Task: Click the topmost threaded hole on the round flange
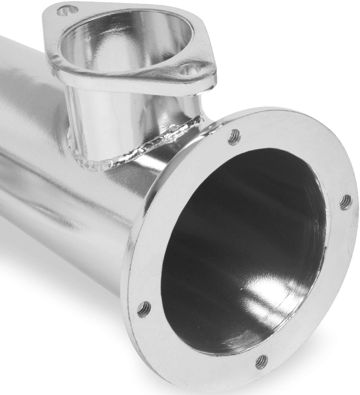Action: coord(234,137)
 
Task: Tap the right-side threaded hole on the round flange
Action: coord(345,202)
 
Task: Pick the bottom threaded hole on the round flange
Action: coord(262,361)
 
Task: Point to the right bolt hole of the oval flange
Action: coord(190,69)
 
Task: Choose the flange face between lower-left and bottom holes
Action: coord(191,351)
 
